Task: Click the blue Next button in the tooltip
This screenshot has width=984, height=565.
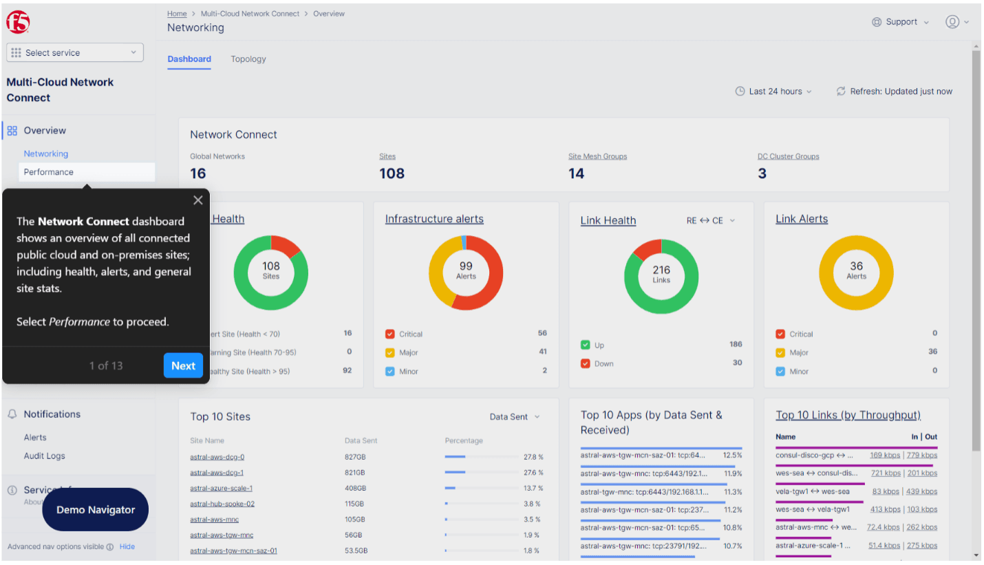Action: [183, 365]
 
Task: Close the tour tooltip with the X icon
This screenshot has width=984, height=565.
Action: [198, 200]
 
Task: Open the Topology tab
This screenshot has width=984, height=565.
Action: [248, 59]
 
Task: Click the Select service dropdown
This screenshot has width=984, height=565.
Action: [75, 53]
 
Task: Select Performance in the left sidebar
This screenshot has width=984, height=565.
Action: [49, 172]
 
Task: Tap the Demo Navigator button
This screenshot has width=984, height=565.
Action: [96, 510]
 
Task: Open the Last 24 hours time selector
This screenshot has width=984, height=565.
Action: [773, 92]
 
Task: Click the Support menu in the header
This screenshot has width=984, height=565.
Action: [901, 22]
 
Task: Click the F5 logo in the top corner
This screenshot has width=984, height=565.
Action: [18, 22]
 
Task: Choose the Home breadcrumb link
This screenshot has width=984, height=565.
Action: [177, 14]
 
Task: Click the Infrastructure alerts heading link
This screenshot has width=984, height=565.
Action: [434, 219]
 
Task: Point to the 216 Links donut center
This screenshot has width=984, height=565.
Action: [661, 274]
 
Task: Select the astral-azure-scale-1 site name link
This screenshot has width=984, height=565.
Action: [222, 489]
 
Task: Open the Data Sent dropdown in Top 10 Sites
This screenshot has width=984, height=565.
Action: [515, 416]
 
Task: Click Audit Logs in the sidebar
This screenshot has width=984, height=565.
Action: [45, 456]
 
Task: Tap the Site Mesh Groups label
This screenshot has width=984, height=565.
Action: [597, 156]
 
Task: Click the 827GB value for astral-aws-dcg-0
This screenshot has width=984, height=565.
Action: [355, 457]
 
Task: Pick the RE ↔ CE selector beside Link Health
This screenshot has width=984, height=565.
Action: [711, 221]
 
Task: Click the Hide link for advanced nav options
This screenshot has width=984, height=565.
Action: [127, 546]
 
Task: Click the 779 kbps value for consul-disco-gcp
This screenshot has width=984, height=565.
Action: [922, 455]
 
